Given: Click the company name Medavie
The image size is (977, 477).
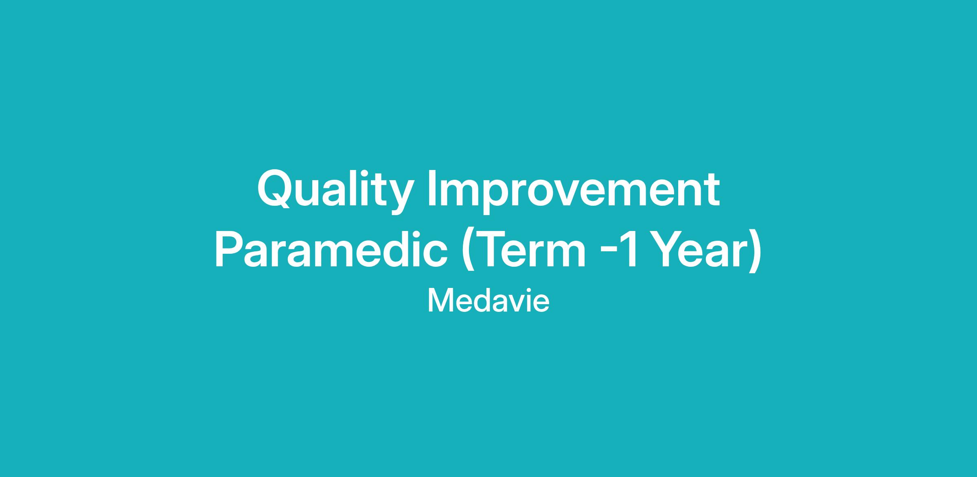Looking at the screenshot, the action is coord(488,301).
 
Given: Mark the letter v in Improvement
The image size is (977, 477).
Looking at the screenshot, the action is coord(584,193).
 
